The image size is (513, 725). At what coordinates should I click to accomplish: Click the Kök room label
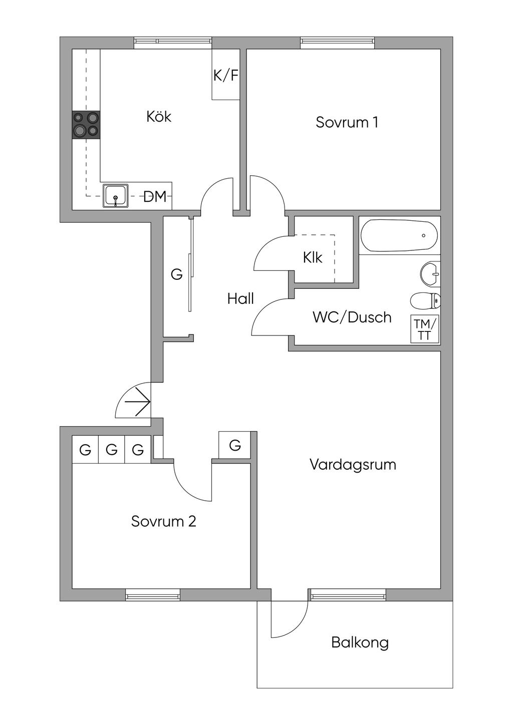pos(159,117)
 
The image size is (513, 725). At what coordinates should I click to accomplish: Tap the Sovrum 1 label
pos(347,122)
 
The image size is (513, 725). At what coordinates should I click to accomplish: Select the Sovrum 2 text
pos(163,521)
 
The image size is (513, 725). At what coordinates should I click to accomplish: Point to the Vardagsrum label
pos(353,464)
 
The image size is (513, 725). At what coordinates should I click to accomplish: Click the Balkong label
pos(360,642)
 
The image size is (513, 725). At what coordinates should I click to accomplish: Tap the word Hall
pos(240,299)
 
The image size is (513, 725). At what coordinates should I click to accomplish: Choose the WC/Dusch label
pos(352,317)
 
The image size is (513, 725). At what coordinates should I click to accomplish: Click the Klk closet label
pos(313,257)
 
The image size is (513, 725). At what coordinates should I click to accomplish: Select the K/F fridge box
pos(225,75)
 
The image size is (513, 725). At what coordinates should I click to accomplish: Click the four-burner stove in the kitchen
pos(86,125)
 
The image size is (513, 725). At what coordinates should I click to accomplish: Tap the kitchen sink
pos(116,196)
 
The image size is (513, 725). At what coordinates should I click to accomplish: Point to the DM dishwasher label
pos(155,197)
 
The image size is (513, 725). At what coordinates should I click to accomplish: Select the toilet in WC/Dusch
pos(425,301)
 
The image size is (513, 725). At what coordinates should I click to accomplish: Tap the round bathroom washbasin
pos(430,273)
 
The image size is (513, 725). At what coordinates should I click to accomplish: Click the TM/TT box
pos(425,329)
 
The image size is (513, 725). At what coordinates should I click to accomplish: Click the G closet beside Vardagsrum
pos(235,445)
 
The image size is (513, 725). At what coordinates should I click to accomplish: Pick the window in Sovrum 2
pos(152,596)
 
